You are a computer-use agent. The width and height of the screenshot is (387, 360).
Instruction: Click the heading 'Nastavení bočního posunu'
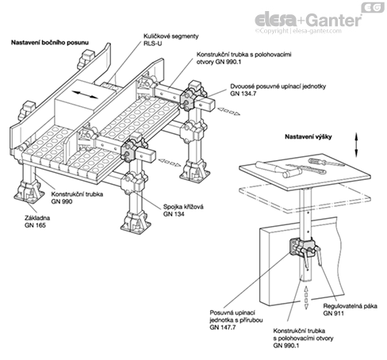[x=50, y=43]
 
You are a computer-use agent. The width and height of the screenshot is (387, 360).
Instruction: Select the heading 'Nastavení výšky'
[x=308, y=137]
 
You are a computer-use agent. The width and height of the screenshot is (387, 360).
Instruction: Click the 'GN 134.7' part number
[x=243, y=94]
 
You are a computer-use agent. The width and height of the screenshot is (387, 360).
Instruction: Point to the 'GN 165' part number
[x=35, y=225]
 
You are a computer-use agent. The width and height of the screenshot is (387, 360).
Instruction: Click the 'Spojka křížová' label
[x=183, y=207]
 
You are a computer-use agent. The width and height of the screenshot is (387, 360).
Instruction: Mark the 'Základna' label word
[x=37, y=218]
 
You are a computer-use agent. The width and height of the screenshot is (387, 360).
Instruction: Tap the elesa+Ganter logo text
[x=308, y=20]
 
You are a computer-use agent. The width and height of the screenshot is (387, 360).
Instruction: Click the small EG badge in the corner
[x=373, y=7]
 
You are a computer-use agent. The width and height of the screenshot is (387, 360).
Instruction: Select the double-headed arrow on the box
[x=85, y=94]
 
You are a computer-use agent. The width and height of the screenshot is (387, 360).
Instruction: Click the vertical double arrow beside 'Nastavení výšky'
[x=356, y=145]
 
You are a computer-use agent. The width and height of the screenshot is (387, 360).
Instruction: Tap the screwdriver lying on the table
[x=327, y=162]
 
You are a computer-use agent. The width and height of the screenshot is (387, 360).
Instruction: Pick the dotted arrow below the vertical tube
[x=306, y=297]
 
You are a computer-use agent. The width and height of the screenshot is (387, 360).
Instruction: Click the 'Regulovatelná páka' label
[x=350, y=306]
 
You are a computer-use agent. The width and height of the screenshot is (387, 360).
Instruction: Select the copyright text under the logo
[x=298, y=31]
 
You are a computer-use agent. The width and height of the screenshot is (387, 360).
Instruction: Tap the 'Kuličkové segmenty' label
[x=171, y=36]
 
